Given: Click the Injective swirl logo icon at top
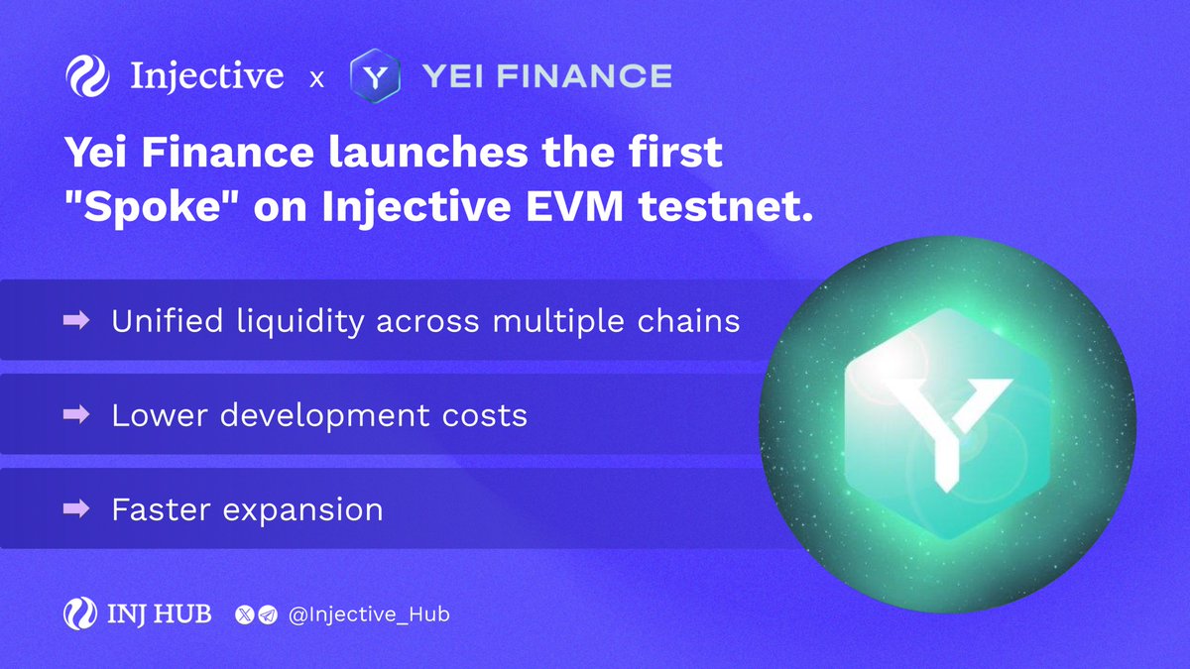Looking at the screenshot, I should point(88,76).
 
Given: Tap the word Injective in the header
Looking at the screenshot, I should point(206,76).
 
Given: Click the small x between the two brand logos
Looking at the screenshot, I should point(316,78).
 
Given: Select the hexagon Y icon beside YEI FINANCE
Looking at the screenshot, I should point(375,76).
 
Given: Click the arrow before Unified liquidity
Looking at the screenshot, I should point(76,321).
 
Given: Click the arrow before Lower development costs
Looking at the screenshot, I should point(76,415).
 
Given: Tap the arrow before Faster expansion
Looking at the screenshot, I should point(76,509).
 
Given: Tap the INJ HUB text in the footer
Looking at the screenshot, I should point(159,614).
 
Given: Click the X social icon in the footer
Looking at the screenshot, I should point(245,615).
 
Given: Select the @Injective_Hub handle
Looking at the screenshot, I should point(369,615).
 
